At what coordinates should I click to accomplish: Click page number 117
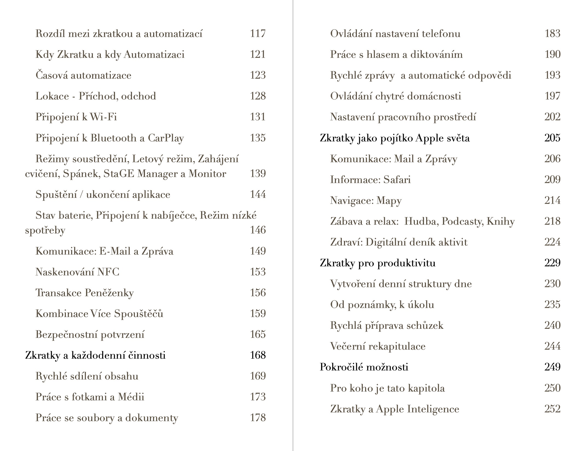(257, 34)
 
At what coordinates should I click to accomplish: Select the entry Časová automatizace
(83, 75)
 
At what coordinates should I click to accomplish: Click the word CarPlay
(166, 138)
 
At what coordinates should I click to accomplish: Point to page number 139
(257, 174)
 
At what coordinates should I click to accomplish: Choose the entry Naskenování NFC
(77, 272)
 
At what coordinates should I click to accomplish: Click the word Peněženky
(109, 293)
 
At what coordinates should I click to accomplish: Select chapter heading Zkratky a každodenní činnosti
(95, 355)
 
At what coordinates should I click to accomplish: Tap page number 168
(257, 355)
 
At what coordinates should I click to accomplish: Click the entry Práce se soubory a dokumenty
(107, 418)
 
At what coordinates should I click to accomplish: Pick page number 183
(552, 34)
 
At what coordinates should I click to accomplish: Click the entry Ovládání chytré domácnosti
(396, 96)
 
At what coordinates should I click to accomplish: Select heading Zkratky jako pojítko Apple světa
(394, 138)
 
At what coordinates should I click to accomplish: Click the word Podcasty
(463, 221)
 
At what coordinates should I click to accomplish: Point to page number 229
(552, 263)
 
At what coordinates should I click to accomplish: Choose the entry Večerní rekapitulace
(378, 346)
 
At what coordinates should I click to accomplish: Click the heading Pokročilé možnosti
(364, 367)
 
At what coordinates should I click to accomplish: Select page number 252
(552, 409)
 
